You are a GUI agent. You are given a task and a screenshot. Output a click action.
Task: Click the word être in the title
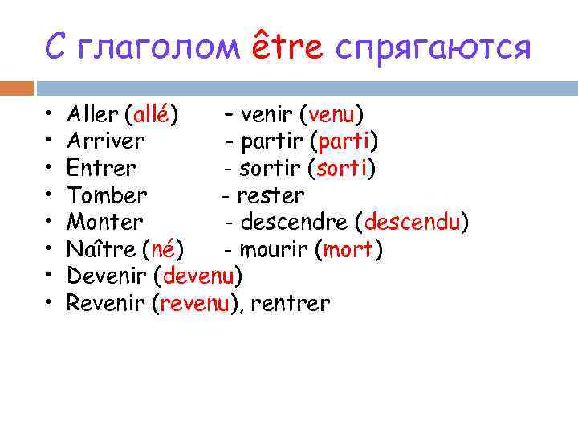(287, 46)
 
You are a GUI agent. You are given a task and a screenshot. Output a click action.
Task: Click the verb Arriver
(105, 141)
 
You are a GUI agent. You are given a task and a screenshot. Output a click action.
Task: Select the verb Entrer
(101, 169)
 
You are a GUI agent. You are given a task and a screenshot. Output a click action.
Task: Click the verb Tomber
(107, 195)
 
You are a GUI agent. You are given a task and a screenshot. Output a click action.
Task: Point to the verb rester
(271, 195)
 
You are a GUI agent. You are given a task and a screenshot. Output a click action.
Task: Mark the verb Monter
(105, 223)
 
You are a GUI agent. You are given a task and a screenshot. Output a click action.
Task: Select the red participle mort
(348, 249)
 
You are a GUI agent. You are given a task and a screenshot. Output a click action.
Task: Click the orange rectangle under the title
(17, 88)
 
